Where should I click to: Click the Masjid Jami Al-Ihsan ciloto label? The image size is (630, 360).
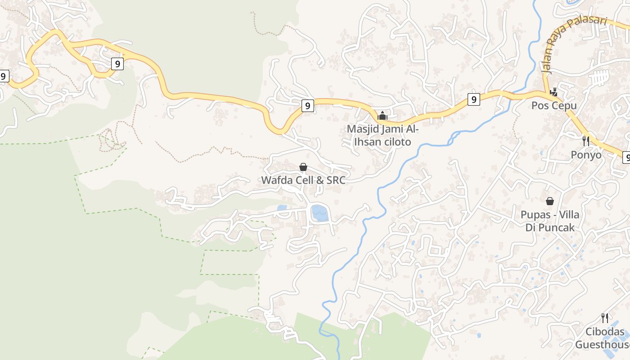(382, 135)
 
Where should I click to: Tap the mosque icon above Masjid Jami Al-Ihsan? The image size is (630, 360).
(382, 116)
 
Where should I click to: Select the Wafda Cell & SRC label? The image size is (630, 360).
(303, 180)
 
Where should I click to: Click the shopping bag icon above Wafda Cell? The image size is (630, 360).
(303, 167)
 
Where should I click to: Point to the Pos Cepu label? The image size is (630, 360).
(554, 106)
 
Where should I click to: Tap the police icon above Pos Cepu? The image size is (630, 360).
(554, 92)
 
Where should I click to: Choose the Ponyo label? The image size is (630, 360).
(586, 155)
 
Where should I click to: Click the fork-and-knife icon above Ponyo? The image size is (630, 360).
(586, 141)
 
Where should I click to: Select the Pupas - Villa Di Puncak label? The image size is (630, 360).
(550, 221)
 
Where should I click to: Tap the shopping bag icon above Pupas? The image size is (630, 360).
(549, 201)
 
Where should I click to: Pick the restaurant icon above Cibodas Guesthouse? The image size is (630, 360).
(605, 318)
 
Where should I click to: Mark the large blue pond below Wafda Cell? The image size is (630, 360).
(319, 213)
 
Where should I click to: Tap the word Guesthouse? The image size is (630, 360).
(602, 345)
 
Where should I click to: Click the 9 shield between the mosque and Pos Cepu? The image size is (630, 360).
(473, 99)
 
